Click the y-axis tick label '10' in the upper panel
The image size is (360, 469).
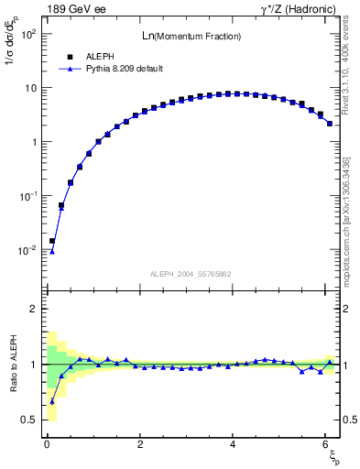click(29, 88)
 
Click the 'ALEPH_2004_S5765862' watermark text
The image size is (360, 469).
click(191, 274)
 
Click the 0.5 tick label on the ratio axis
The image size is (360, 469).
click(28, 420)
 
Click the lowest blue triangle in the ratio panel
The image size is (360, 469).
click(52, 401)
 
